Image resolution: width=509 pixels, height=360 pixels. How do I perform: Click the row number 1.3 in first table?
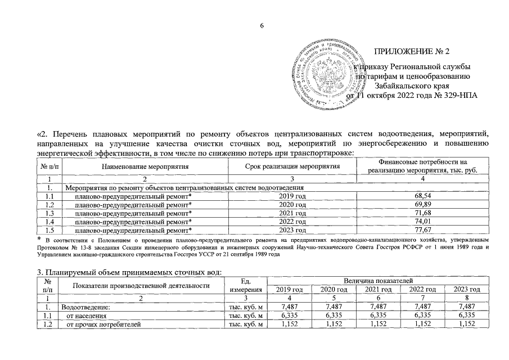(x=49, y=213)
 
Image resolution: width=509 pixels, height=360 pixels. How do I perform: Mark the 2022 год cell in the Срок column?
(x=293, y=222)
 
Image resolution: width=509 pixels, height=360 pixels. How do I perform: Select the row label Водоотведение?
(x=83, y=307)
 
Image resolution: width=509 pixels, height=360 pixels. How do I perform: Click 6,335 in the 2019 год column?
(x=289, y=316)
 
